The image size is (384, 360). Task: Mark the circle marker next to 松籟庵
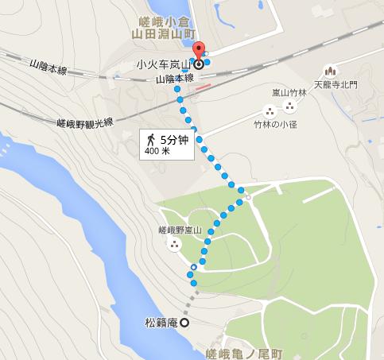click(184, 323)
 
